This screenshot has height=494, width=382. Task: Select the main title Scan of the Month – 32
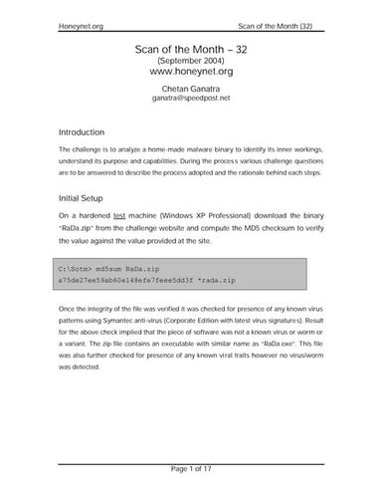[x=190, y=49]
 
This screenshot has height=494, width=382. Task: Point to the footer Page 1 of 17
[x=190, y=468]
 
